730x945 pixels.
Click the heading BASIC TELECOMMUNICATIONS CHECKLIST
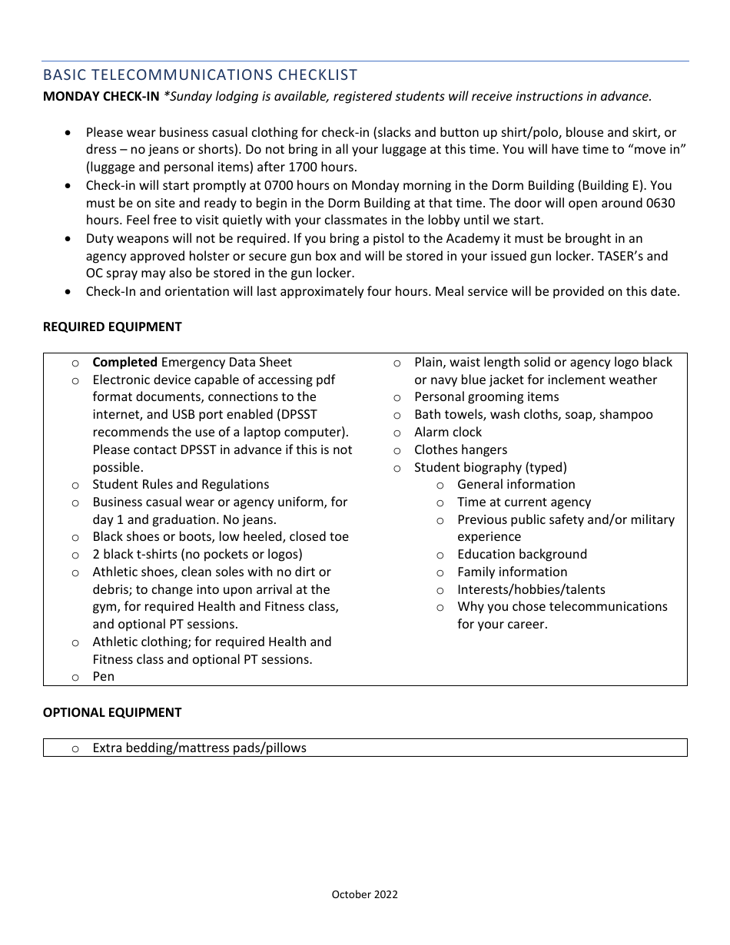200,75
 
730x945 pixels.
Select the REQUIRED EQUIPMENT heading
112,327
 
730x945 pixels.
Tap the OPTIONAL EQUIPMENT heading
112,712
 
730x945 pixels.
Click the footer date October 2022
364,894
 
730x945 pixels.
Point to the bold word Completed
125,362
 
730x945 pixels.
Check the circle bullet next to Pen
75,677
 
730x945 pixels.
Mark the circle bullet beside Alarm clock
397,433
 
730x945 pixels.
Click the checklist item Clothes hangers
460,449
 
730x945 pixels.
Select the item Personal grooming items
486,396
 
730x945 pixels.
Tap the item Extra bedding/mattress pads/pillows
199,748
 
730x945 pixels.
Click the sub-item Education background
522,554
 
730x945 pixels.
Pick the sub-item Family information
512,572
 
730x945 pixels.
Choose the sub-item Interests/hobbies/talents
531,589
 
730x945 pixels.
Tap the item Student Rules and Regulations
181,484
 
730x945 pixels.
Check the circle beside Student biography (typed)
397,468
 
